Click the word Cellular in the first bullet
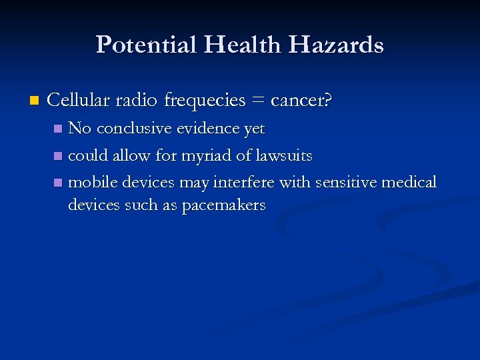coord(79,101)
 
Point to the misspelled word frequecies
coord(205,101)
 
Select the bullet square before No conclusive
coord(59,128)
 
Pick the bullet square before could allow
coord(59,156)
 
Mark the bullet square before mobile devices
coord(59,183)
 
